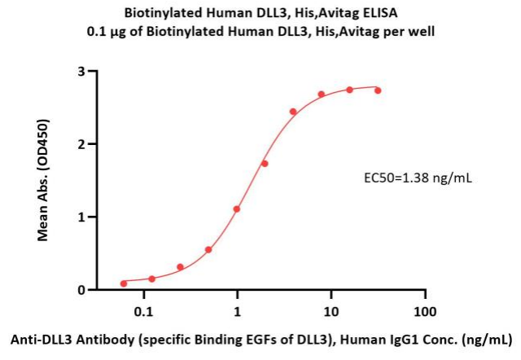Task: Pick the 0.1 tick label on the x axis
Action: [143, 312]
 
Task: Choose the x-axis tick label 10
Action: [331, 312]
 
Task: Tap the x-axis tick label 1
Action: [237, 312]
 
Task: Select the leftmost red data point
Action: [124, 283]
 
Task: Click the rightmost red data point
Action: [378, 90]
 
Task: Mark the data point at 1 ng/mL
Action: [237, 209]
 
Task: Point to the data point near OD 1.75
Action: [265, 164]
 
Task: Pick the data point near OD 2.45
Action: [293, 112]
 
